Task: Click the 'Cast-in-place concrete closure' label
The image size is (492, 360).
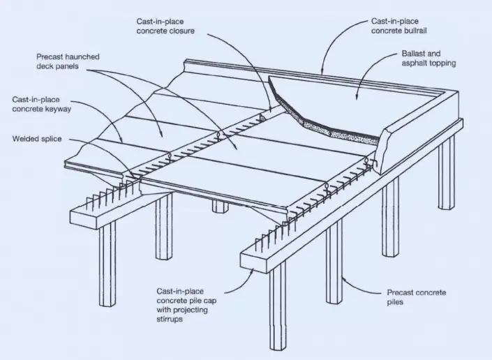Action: click(166, 27)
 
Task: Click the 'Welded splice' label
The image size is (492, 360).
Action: click(36, 139)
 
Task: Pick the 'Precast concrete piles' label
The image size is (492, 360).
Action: click(416, 297)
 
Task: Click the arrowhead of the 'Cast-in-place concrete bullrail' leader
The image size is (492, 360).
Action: click(322, 73)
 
